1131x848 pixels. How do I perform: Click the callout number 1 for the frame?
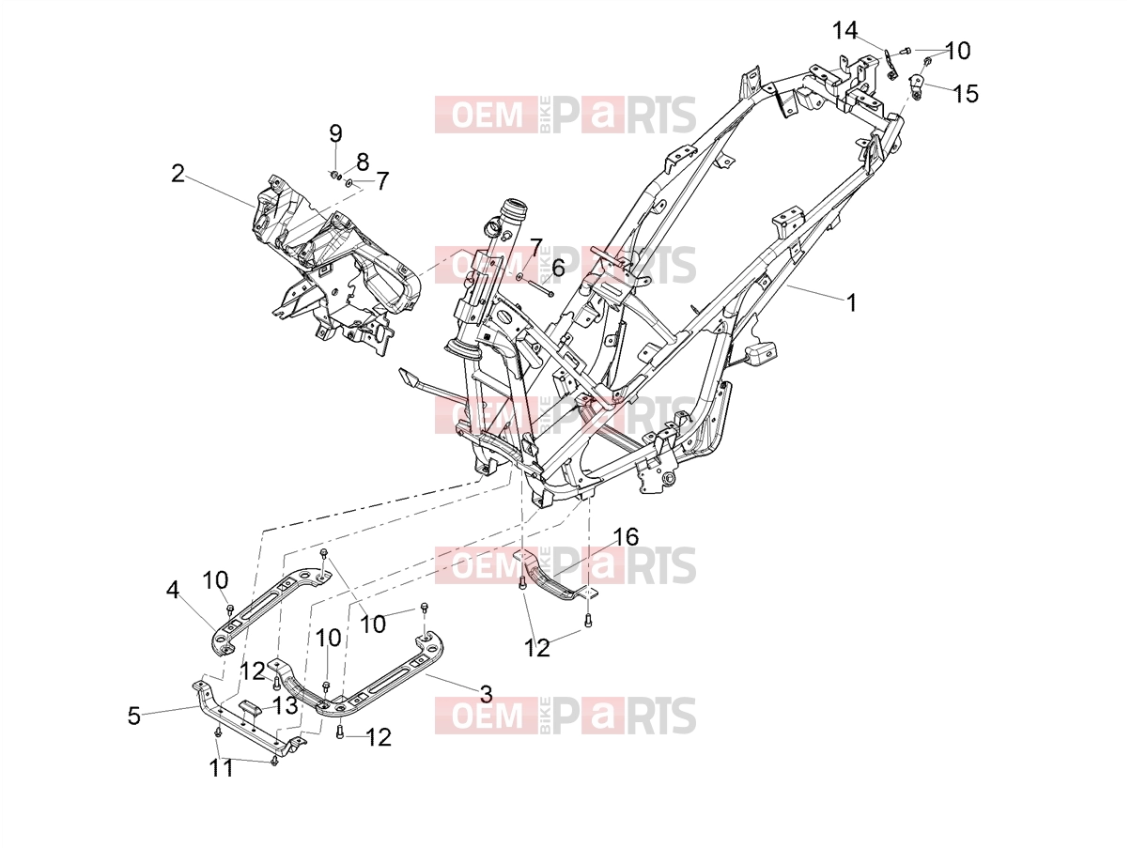click(x=852, y=302)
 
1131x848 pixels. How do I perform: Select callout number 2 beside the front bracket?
click(x=178, y=174)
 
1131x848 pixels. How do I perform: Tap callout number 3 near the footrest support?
click(x=486, y=694)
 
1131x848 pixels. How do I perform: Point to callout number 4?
click(x=173, y=590)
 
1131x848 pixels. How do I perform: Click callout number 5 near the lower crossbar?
click(x=134, y=716)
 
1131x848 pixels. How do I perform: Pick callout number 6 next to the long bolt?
click(x=558, y=268)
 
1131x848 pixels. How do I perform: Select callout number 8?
click(x=363, y=162)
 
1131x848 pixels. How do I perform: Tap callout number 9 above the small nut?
click(x=335, y=133)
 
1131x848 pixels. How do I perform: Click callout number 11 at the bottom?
click(x=221, y=769)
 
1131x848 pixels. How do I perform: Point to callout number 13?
click(x=285, y=705)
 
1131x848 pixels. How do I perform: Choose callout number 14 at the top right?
click(x=845, y=30)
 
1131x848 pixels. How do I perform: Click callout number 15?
click(x=965, y=94)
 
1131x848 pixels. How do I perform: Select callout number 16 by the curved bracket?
click(x=626, y=537)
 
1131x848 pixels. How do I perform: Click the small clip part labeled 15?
click(x=915, y=85)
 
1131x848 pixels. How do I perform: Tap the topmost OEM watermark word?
click(x=487, y=115)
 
